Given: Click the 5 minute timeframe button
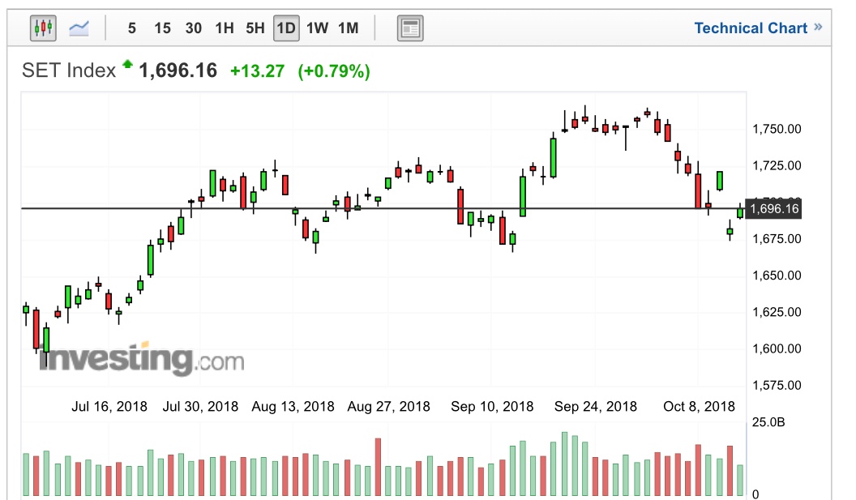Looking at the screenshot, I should point(131,28).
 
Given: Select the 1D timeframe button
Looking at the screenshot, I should point(285,28).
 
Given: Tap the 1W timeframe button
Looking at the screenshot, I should point(317,28).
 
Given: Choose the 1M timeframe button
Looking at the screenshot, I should point(348,28).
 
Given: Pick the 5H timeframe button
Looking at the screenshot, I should point(255,28).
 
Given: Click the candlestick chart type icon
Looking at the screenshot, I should point(43,28).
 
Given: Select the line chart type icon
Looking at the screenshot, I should point(79,28).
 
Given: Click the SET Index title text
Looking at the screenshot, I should point(69,71).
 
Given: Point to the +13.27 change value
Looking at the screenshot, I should point(257,71).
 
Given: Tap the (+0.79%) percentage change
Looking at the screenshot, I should point(334,71).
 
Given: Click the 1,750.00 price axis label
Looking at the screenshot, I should point(777,129).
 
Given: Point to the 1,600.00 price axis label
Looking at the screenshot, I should point(777,348).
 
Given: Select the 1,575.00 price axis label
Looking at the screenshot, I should point(777,385).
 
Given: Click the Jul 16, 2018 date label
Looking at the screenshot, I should point(109,406).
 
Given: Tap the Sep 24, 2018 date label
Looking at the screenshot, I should point(596,406).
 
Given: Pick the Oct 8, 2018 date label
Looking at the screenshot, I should point(699,406).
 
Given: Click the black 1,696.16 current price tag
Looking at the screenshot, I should point(774,209).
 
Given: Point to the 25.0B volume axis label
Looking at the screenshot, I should point(769,423).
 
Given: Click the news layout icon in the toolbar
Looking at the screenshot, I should point(410,29).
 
